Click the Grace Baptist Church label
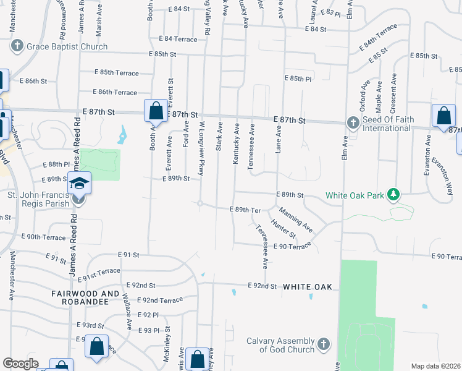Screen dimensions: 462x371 [67, 46]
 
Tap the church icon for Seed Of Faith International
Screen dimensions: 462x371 [353, 122]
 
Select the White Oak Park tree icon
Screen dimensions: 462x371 [393, 196]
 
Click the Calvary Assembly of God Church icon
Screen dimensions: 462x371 [324, 344]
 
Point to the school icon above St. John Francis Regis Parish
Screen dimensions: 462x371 [80, 182]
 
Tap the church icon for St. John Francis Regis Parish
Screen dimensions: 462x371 [78, 199]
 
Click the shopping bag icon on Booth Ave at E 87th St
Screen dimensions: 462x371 [156, 112]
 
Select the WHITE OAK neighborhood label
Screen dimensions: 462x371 [308, 287]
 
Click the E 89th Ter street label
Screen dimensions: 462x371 [245, 210]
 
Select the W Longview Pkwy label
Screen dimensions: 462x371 [201, 148]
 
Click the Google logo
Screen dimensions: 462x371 [21, 364]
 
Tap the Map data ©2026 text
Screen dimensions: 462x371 [435, 366]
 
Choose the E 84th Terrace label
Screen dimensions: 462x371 [379, 48]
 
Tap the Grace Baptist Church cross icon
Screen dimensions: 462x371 [17, 46]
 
